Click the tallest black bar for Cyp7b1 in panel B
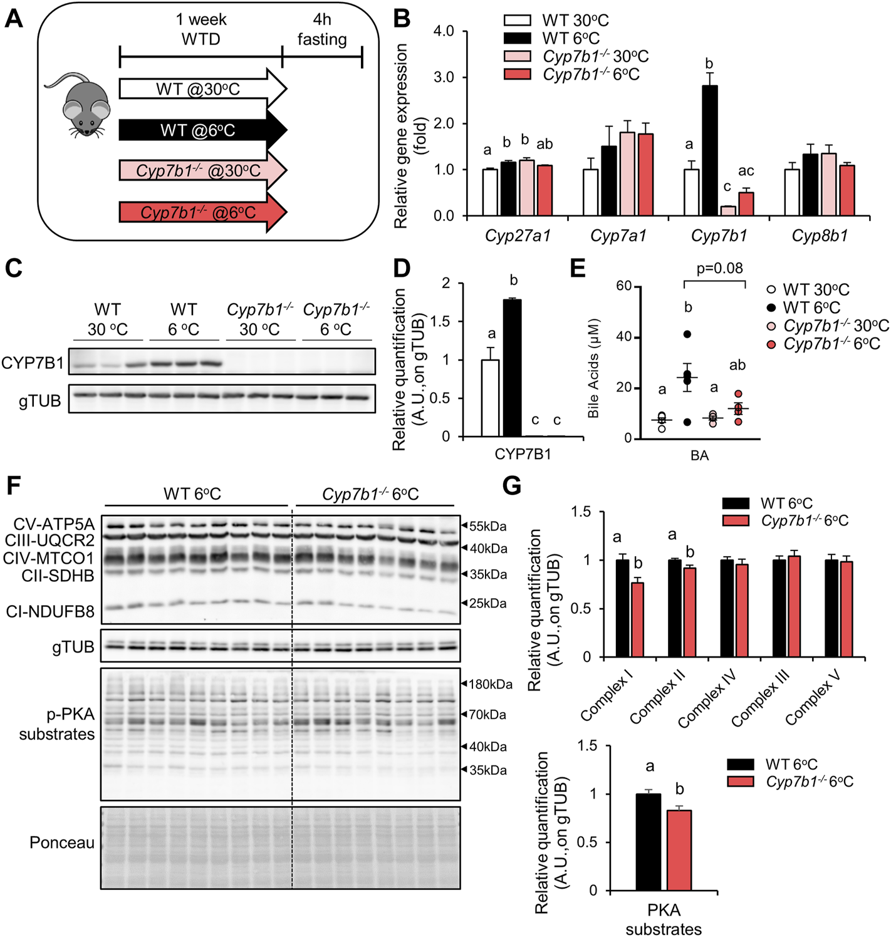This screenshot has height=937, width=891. [710, 150]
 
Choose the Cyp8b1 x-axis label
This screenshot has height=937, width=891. [820, 236]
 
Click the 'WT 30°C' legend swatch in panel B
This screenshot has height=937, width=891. [518, 21]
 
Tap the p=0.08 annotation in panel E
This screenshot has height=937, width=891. [719, 269]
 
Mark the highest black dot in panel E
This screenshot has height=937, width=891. [687, 334]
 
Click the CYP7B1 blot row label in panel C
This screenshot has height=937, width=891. [33, 363]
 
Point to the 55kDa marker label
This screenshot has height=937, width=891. [487, 526]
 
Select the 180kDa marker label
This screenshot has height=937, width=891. [490, 685]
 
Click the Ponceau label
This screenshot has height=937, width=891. [61, 843]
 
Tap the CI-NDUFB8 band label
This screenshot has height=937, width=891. [50, 611]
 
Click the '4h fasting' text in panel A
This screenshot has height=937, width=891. [322, 29]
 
